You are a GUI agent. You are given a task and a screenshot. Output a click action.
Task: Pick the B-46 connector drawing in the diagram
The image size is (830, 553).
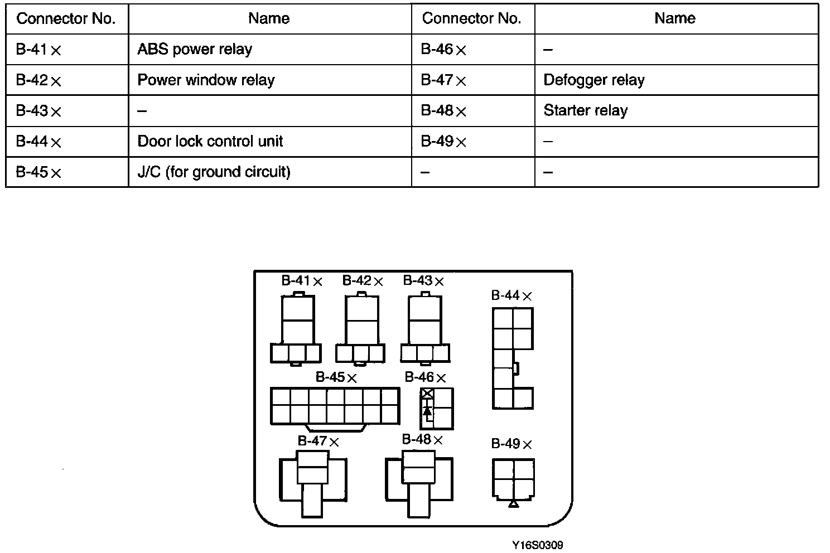(437, 409)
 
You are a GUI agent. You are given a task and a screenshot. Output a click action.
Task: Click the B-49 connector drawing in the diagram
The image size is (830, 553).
(513, 479)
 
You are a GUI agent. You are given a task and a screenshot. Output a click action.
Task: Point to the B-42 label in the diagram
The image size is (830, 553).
(363, 281)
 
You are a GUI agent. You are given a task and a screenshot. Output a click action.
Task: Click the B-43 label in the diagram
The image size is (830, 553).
(423, 281)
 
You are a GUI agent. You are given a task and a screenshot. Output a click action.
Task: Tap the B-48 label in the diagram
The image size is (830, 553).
(422, 440)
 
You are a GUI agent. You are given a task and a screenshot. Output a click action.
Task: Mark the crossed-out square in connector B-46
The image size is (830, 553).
(427, 394)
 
